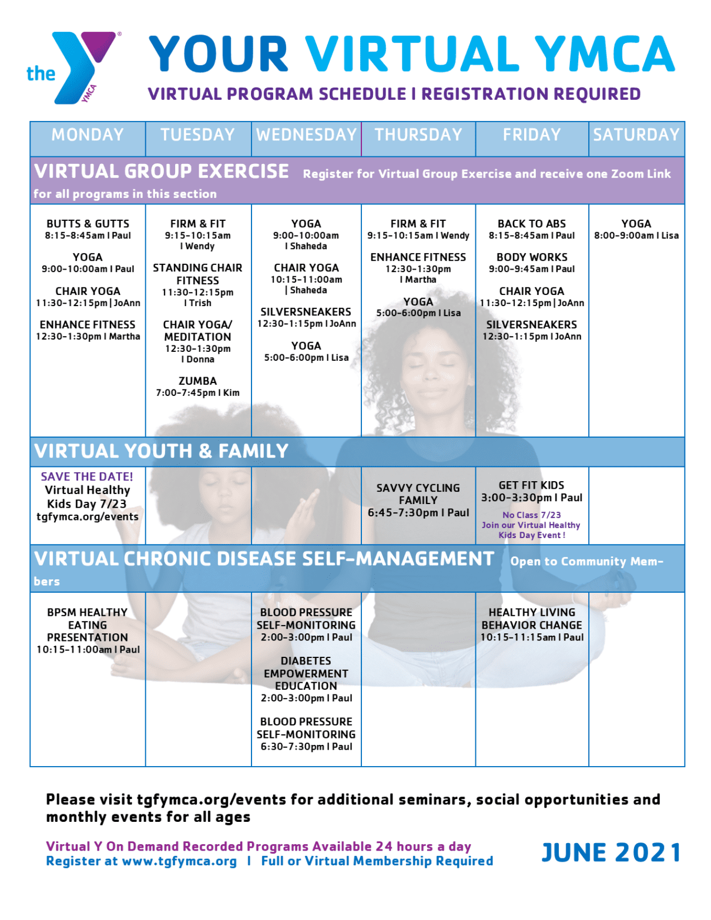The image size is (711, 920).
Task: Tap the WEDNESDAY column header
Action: (x=306, y=135)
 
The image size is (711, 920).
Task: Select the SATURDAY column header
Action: (x=636, y=135)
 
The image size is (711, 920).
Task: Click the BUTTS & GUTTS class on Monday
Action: (x=88, y=224)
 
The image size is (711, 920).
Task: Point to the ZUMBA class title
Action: (x=197, y=381)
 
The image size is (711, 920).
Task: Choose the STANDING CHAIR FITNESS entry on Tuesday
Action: (x=197, y=274)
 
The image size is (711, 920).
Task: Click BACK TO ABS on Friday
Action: (x=532, y=224)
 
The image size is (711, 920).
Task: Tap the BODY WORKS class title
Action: (x=532, y=257)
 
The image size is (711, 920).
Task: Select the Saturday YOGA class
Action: (x=636, y=224)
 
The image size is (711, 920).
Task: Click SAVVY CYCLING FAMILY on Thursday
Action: (x=418, y=494)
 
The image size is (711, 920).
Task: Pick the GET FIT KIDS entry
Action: (x=531, y=485)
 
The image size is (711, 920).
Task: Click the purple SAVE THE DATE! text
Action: (x=87, y=476)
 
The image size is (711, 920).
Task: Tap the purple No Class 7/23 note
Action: (x=531, y=515)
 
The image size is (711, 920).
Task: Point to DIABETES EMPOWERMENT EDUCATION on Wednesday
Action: (x=306, y=673)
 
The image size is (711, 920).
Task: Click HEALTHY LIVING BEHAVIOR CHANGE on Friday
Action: (x=532, y=619)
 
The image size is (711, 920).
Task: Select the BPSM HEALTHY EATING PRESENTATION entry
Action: (x=88, y=624)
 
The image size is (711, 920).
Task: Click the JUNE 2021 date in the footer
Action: (x=611, y=852)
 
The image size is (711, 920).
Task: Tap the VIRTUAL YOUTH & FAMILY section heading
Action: (x=162, y=451)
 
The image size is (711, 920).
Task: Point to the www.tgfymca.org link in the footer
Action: (x=179, y=861)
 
